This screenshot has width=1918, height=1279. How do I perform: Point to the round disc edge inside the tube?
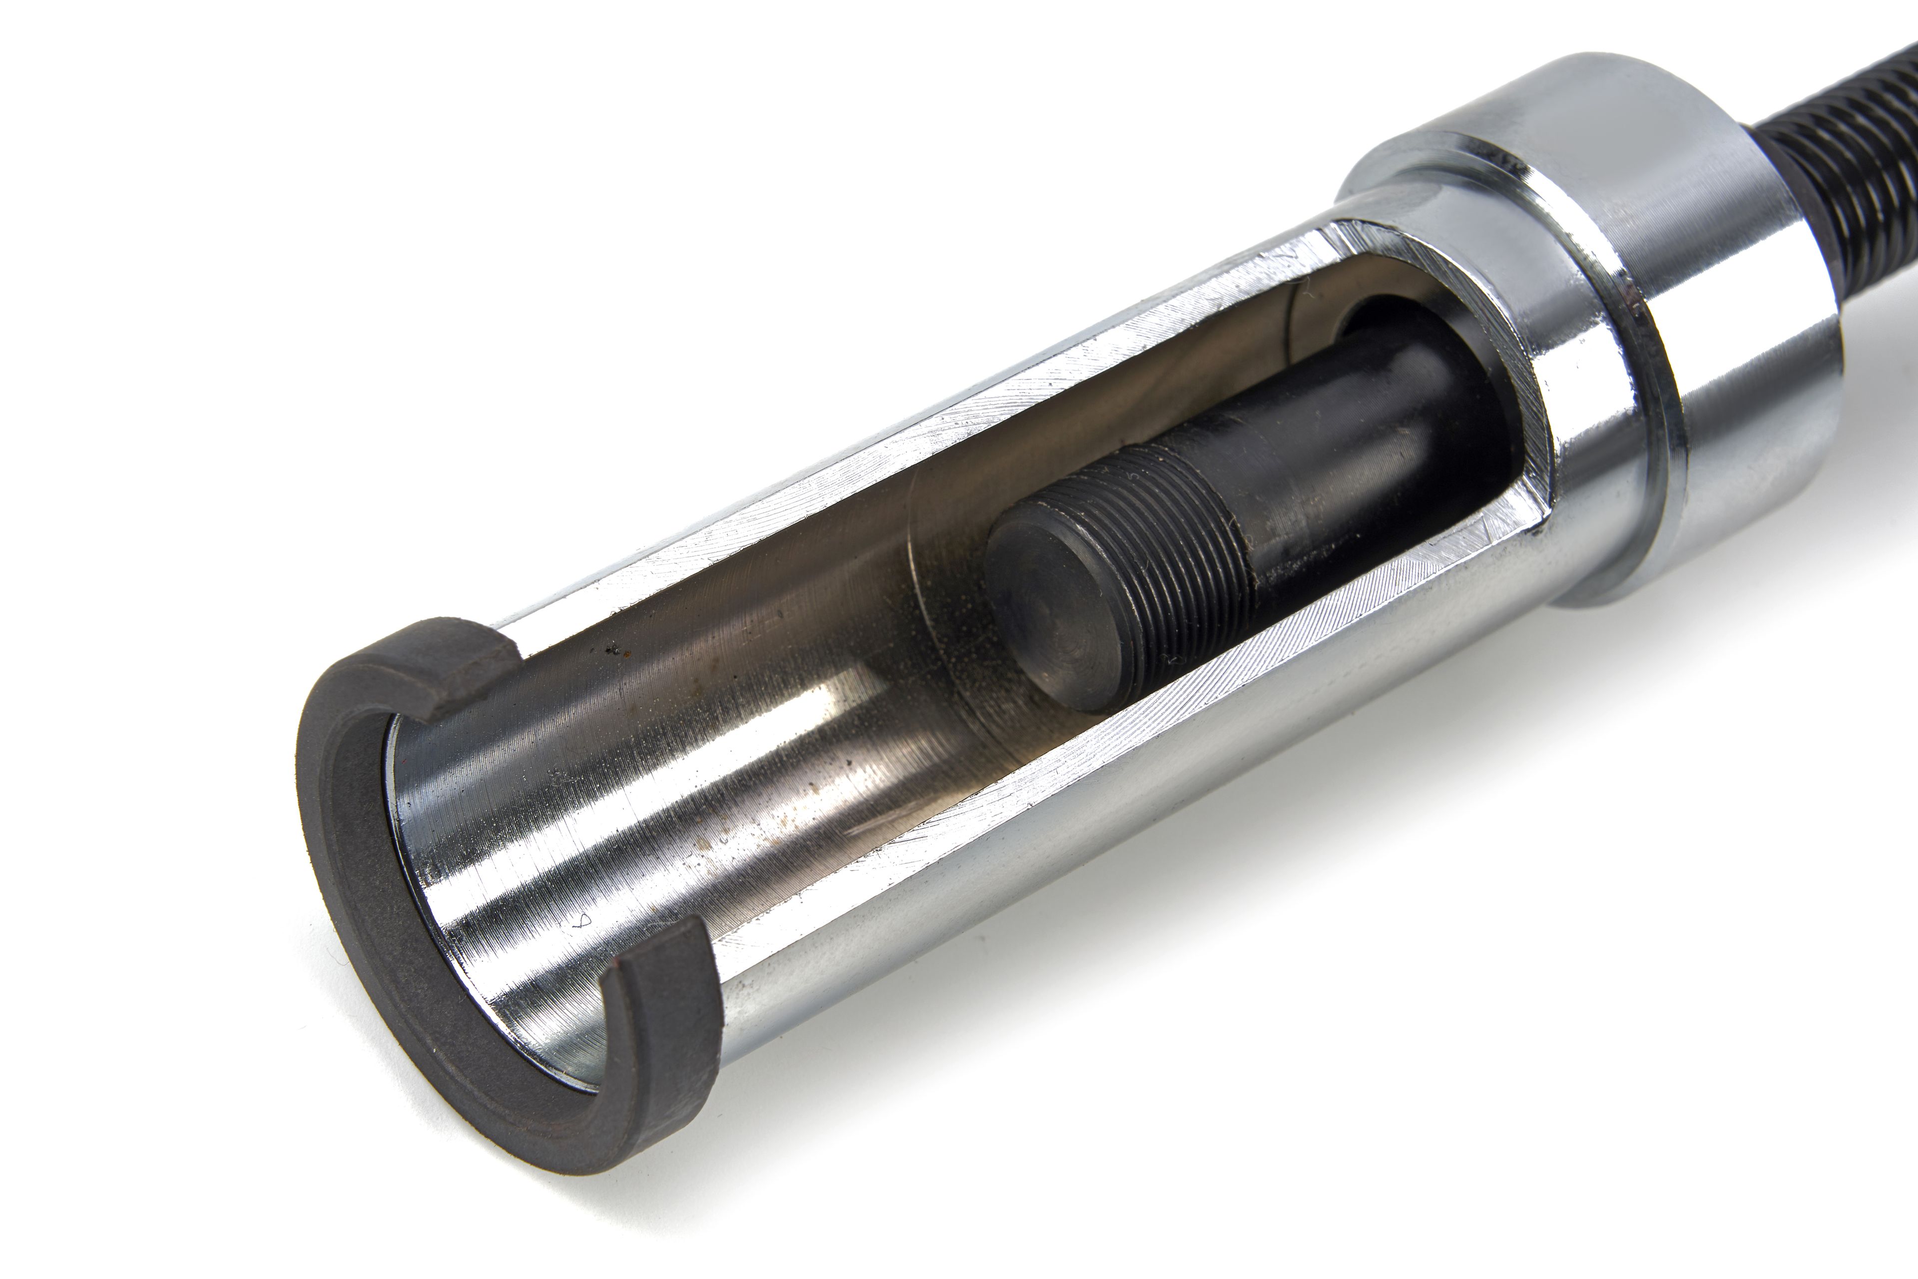[947, 620]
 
